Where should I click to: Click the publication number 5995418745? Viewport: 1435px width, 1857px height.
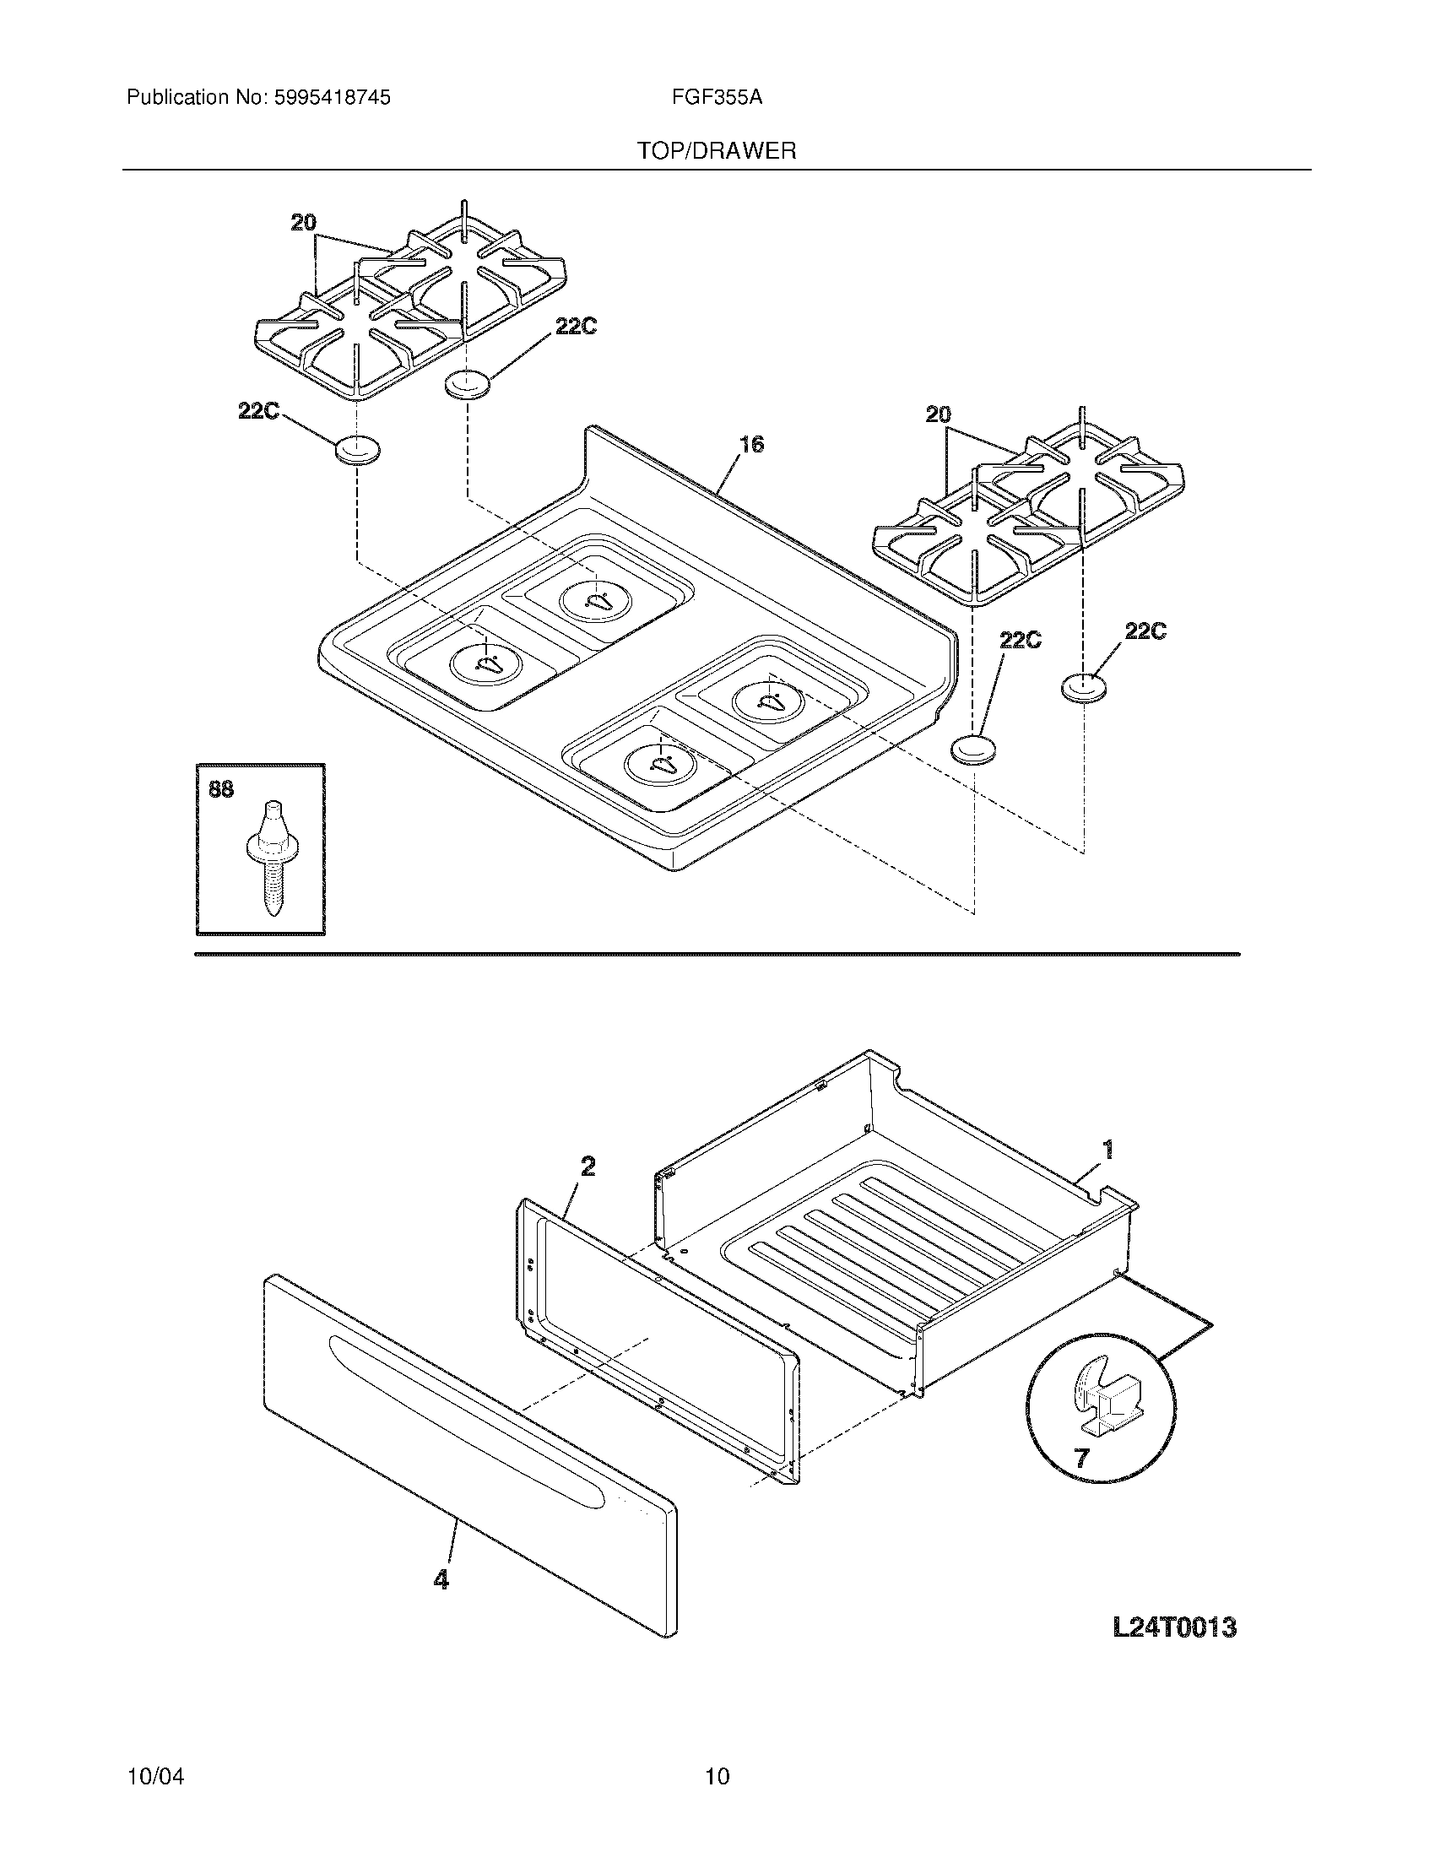click(x=333, y=98)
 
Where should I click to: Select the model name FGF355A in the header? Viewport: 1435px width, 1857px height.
click(x=717, y=98)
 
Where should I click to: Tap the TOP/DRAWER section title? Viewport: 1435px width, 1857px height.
click(x=717, y=151)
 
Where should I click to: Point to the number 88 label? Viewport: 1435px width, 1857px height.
click(x=221, y=790)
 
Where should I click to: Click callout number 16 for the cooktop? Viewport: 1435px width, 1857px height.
click(x=751, y=444)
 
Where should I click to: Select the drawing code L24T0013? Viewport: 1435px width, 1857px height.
click(x=1174, y=1627)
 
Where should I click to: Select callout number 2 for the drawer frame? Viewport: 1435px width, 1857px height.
click(x=588, y=1167)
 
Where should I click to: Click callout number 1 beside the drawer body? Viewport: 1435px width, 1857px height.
click(x=1107, y=1150)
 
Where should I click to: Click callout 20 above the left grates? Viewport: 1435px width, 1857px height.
click(x=304, y=223)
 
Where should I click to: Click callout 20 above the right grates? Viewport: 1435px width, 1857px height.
click(x=938, y=415)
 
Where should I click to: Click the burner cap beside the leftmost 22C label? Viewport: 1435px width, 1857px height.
click(x=357, y=449)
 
